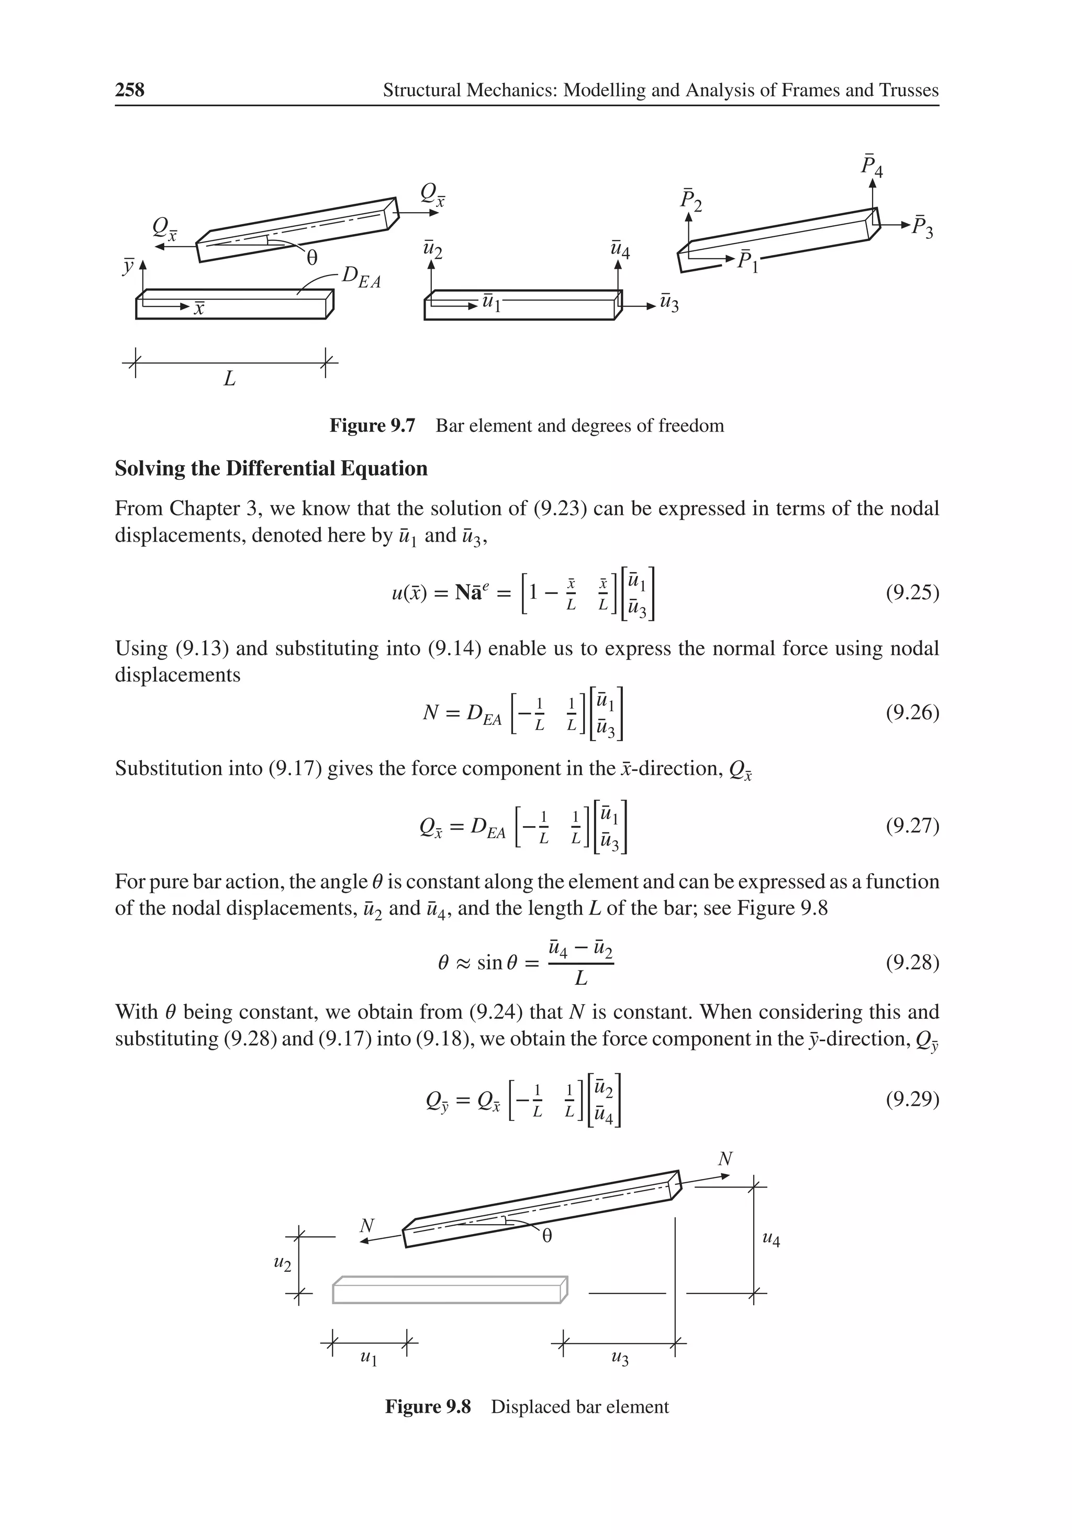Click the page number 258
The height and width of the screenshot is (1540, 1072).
pyautogui.click(x=129, y=90)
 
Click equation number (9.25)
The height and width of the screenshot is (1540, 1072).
pyautogui.click(x=912, y=593)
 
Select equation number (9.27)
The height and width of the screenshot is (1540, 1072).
pyautogui.click(x=912, y=825)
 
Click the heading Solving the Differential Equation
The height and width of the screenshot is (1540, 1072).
pyautogui.click(x=271, y=468)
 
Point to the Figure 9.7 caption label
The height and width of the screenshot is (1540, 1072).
pyautogui.click(x=372, y=426)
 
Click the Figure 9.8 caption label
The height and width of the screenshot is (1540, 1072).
pyautogui.click(x=428, y=1406)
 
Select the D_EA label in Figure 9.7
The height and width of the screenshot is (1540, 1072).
pyautogui.click(x=360, y=277)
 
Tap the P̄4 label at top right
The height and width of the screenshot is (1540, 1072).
pyautogui.click(x=872, y=166)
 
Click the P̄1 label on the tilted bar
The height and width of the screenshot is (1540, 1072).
pyautogui.click(x=747, y=260)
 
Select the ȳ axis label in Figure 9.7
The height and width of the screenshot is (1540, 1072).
pyautogui.click(x=127, y=266)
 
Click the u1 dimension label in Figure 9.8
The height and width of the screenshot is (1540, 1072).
pyautogui.click(x=368, y=1358)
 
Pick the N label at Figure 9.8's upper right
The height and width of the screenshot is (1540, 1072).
pyautogui.click(x=725, y=1158)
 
